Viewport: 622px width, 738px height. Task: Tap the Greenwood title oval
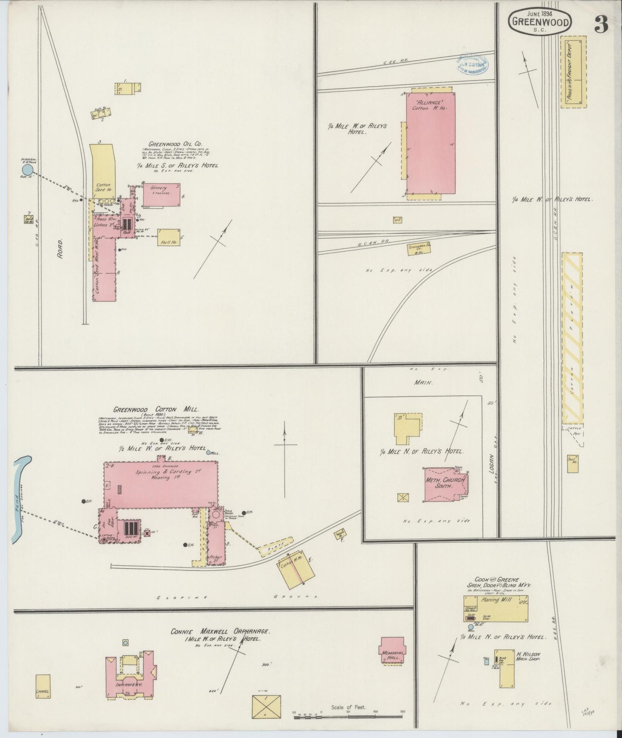541,22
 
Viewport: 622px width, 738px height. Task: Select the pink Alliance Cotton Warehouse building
431,144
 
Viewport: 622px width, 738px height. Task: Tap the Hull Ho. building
168,237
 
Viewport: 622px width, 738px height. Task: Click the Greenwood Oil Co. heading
175,144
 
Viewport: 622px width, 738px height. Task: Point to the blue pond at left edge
19,499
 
